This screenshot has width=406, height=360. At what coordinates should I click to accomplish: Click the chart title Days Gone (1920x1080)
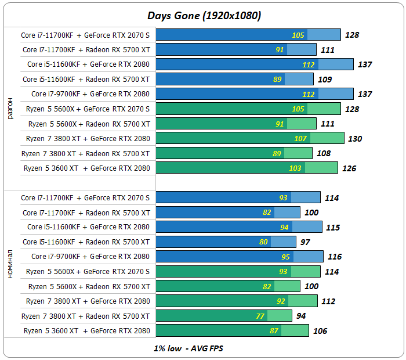203,16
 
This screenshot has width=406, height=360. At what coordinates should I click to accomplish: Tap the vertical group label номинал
9,264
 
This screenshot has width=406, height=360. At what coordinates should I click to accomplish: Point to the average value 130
354,139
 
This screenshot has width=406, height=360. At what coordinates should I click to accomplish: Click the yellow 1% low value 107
300,139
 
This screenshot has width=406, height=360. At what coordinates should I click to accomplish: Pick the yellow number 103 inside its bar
296,168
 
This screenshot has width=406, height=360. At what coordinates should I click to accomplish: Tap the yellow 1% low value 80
264,242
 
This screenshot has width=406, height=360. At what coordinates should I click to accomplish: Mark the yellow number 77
260,316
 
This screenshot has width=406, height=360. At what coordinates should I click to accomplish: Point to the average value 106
320,331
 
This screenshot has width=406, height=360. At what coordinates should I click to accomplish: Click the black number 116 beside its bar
335,257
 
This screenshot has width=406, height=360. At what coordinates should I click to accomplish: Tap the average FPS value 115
333,227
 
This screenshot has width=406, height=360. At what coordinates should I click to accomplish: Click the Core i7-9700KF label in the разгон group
90,93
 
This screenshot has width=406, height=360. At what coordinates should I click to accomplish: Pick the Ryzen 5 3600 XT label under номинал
87,331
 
